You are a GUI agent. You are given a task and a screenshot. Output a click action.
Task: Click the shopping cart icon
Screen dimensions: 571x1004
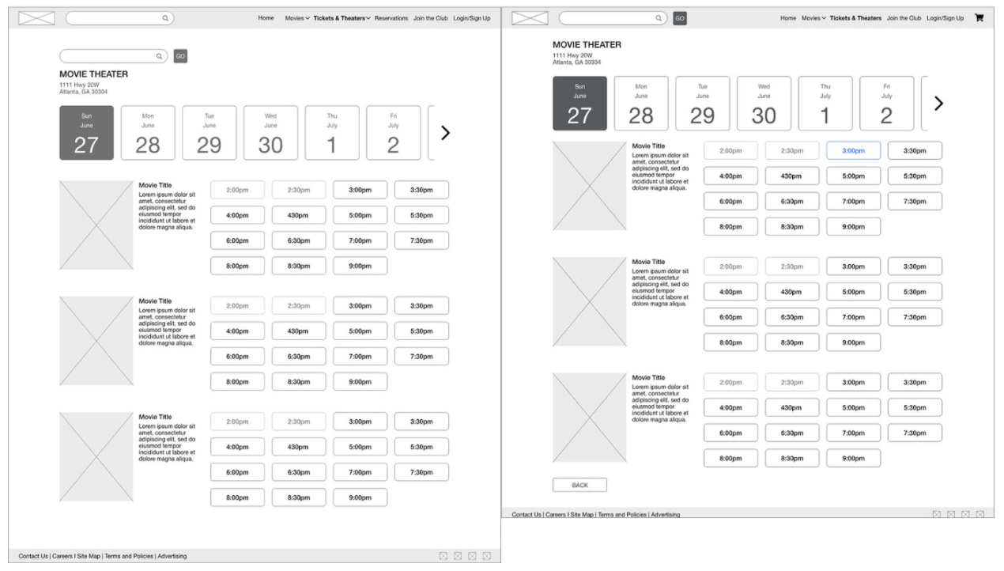979,17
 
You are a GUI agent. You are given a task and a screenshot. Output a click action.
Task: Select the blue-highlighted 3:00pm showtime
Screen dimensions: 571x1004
853,150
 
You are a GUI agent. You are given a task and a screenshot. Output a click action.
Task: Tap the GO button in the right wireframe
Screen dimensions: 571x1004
680,17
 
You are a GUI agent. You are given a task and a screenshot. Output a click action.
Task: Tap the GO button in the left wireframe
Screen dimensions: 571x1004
180,56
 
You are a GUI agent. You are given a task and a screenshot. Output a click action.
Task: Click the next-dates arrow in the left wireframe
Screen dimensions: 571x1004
445,133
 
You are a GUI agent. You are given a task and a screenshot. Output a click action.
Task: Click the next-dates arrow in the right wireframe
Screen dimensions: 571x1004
938,104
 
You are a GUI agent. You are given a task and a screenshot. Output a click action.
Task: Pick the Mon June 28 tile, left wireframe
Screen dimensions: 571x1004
148,133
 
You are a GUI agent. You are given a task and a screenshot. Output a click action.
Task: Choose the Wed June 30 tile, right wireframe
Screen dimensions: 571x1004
764,104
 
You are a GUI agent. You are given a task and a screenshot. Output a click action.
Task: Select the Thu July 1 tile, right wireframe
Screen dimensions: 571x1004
825,104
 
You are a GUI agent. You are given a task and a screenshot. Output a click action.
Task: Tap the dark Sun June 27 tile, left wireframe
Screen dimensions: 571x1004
86,133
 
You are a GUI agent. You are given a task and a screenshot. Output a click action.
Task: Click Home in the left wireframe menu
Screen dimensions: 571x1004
266,17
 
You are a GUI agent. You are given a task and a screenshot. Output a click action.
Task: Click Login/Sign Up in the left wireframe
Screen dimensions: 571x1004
472,17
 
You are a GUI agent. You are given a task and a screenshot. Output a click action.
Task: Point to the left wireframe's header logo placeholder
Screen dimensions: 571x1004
36,17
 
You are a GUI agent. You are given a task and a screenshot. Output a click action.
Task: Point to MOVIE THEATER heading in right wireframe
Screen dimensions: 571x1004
587,44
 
